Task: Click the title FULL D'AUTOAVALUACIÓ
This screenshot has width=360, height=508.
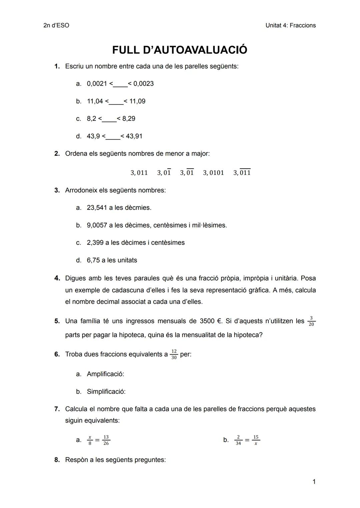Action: click(x=180, y=50)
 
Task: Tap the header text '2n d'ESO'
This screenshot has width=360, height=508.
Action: click(x=56, y=25)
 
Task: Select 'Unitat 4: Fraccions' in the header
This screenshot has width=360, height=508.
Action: click(x=290, y=25)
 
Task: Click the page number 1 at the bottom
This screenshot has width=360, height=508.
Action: click(x=314, y=482)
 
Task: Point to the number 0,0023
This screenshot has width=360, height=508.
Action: click(x=143, y=84)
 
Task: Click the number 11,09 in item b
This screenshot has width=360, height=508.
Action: click(x=137, y=101)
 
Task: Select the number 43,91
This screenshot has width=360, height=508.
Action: click(x=134, y=136)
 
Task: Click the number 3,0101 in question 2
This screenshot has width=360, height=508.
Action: click(x=213, y=173)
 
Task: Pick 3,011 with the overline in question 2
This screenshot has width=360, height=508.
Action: click(x=242, y=172)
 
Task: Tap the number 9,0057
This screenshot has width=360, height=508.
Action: click(x=97, y=226)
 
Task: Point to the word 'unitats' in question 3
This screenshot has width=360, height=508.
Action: click(x=126, y=260)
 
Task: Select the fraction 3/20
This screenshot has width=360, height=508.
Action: click(x=311, y=321)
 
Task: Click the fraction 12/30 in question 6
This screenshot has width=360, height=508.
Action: click(x=174, y=354)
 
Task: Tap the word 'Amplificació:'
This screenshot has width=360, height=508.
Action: click(x=105, y=374)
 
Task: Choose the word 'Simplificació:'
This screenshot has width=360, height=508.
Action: click(x=106, y=392)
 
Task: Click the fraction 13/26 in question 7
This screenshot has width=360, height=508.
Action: click(x=106, y=440)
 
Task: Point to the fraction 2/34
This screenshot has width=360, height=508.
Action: click(x=238, y=440)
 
